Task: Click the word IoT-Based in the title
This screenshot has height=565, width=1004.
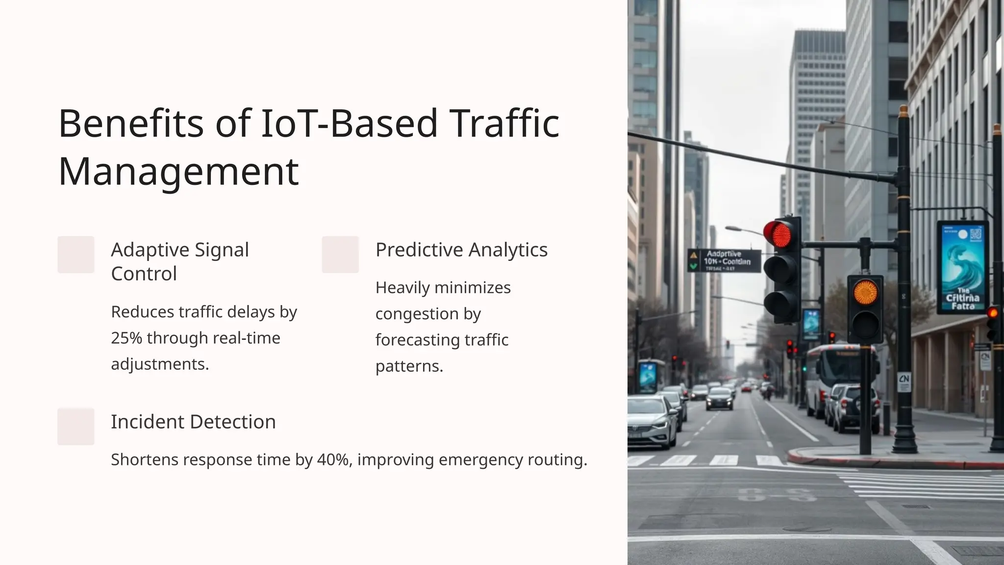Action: [x=349, y=124]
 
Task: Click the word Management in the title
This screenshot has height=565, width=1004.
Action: [x=178, y=172]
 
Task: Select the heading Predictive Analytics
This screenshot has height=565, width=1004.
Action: [x=461, y=250]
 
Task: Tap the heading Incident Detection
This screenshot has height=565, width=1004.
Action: [x=193, y=422]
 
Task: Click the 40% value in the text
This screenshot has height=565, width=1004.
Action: [x=333, y=460]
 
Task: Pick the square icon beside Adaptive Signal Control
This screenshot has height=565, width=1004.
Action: [x=76, y=255]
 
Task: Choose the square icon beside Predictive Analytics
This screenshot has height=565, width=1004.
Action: [x=340, y=255]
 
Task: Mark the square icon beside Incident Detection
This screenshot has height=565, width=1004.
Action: [x=76, y=426]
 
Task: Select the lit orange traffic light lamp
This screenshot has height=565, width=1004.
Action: [x=865, y=292]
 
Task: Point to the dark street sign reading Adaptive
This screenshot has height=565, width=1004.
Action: [x=724, y=261]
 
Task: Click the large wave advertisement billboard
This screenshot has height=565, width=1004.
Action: [x=962, y=267]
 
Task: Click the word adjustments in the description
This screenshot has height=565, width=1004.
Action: [x=160, y=364]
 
